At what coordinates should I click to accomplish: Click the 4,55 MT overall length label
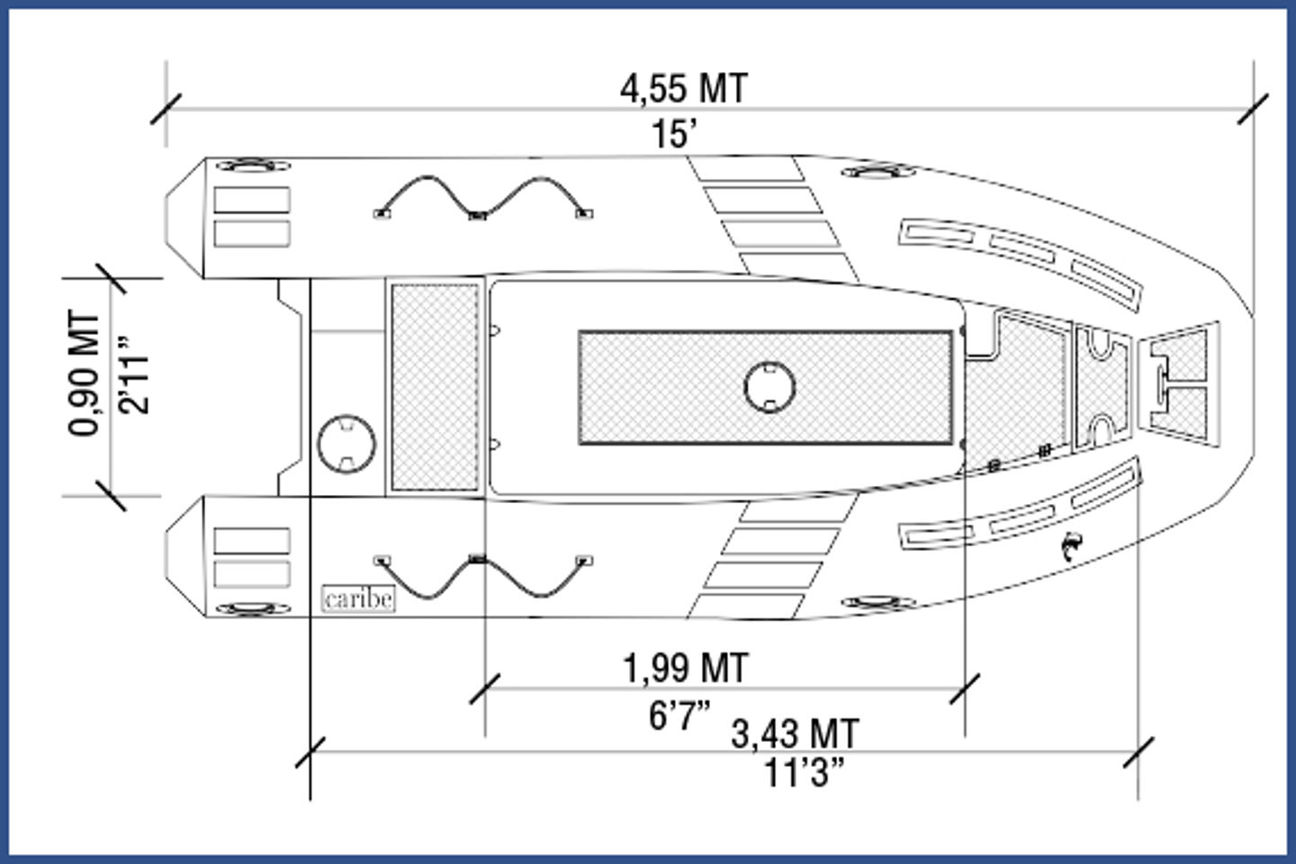(684, 89)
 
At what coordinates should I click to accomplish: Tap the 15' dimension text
(675, 134)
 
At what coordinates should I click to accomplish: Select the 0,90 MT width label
(84, 373)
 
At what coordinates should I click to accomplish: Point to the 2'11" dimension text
(133, 375)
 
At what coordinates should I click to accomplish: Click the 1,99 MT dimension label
(686, 669)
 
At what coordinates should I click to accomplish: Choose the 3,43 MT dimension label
(795, 734)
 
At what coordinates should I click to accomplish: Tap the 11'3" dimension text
(805, 772)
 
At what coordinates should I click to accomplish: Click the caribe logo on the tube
(359, 598)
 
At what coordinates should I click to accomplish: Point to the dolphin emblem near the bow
(1072, 545)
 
